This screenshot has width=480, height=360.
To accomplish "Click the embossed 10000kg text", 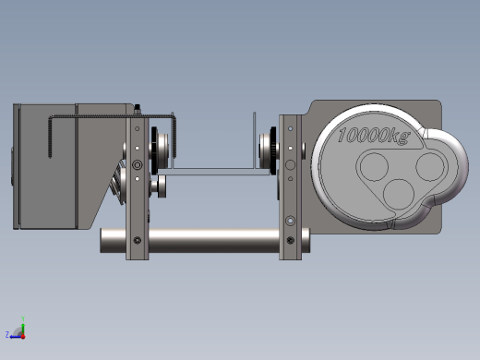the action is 374,136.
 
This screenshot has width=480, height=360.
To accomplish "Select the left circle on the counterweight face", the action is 374,166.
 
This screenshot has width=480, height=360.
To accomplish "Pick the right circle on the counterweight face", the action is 430,166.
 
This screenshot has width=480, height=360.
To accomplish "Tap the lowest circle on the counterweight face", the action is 399,194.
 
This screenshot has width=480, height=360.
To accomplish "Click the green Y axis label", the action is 23,318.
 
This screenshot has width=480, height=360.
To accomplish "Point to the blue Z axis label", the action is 7,334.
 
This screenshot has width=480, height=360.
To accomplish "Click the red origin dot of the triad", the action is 23,337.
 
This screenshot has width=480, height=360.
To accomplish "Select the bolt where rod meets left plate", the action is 138,240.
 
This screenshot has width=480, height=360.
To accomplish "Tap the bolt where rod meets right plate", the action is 290,240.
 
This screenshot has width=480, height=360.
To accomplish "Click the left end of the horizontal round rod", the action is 102,241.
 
